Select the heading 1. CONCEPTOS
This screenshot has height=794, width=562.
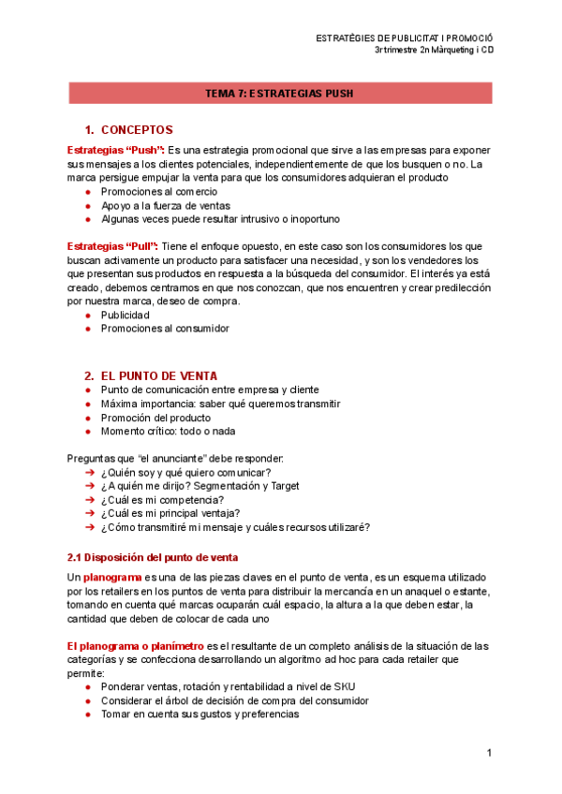coord(135,129)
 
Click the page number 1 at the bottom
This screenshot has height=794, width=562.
coord(489,753)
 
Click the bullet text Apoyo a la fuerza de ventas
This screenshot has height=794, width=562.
coord(165,205)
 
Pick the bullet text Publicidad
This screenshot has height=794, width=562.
coord(126,316)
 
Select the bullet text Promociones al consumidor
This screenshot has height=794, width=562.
coord(165,329)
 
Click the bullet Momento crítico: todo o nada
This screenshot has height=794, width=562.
coord(168,431)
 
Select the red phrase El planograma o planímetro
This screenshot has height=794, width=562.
coord(135,646)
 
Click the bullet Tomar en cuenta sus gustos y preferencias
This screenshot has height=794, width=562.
coord(200,713)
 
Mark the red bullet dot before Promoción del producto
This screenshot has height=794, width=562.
coord(88,418)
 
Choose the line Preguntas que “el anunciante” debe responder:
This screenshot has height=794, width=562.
coord(175,458)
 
